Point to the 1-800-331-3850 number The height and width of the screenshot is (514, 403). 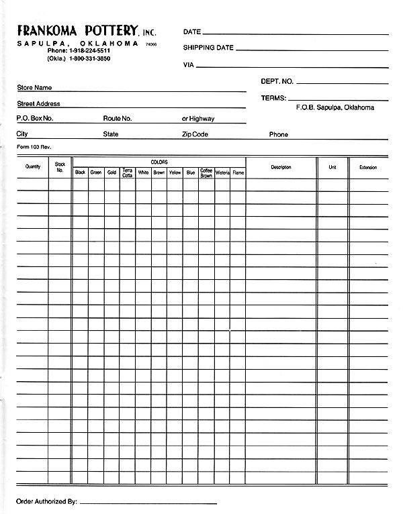pyautogui.click(x=89, y=59)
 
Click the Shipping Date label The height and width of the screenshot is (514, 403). pyautogui.click(x=208, y=48)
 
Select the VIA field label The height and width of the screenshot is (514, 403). pyautogui.click(x=189, y=65)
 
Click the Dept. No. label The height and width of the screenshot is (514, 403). pyautogui.click(x=277, y=81)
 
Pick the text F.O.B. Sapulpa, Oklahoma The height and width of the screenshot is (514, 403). pyautogui.click(x=335, y=107)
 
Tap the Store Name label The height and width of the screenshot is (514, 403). pyautogui.click(x=34, y=88)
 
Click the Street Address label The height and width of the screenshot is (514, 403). pyautogui.click(x=38, y=104)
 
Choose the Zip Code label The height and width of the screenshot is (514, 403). pyautogui.click(x=195, y=134)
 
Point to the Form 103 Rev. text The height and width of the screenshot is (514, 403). pyautogui.click(x=34, y=147)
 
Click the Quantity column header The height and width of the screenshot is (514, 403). pyautogui.click(x=32, y=167)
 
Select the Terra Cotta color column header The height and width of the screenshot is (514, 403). pyautogui.click(x=128, y=172)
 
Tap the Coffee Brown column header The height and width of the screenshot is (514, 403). pyautogui.click(x=206, y=172)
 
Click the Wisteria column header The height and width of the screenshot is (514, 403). pyautogui.click(x=222, y=172)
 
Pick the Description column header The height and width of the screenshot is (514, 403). pyautogui.click(x=281, y=167)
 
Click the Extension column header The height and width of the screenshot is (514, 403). pyautogui.click(x=368, y=167)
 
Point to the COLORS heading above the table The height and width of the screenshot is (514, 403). pyautogui.click(x=159, y=162)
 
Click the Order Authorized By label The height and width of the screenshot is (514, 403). pyautogui.click(x=46, y=501)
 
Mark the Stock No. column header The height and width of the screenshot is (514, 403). pyautogui.click(x=60, y=167)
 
